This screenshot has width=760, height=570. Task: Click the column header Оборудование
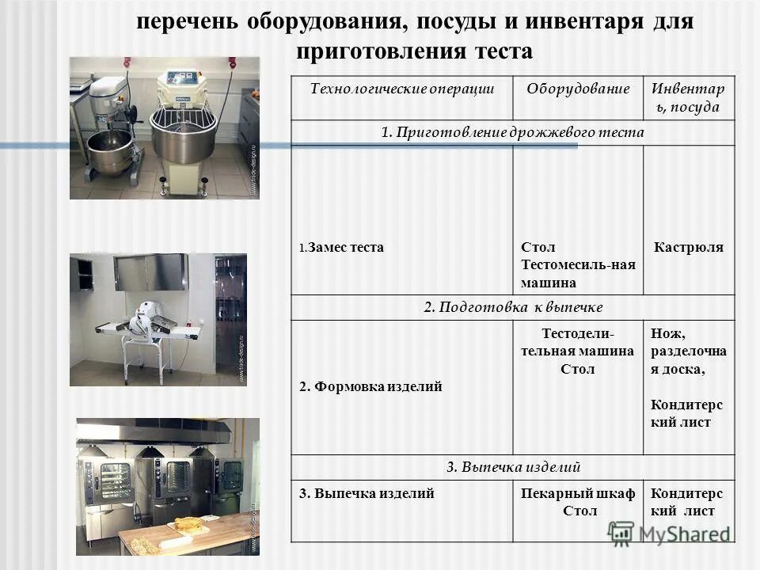578,89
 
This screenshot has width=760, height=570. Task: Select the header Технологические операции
401,89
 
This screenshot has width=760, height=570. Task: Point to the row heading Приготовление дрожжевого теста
512,132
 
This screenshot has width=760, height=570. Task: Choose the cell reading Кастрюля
688,247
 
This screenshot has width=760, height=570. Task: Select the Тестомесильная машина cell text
578,264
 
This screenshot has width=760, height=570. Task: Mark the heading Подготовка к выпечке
513,306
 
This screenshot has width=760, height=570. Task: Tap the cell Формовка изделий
370,387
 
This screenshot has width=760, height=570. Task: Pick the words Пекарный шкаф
578,493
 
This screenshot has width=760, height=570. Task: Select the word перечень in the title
187,21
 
